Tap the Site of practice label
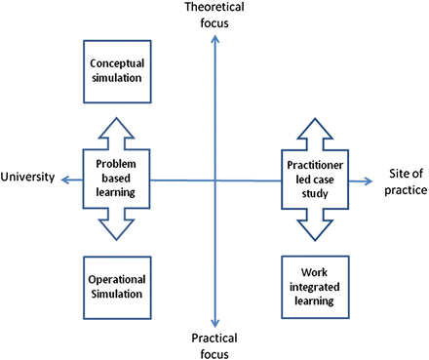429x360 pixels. point(403,180)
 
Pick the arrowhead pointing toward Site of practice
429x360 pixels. point(368,180)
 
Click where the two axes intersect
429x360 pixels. point(214,180)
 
